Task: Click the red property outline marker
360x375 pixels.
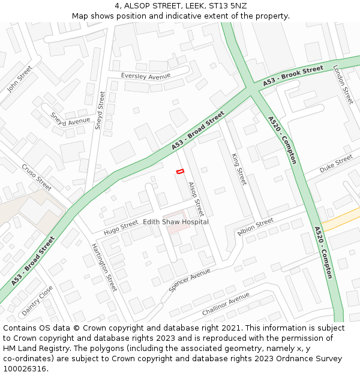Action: coord(179,172)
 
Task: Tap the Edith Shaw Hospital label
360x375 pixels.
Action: coord(176,222)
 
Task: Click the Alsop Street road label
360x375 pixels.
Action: coord(196,199)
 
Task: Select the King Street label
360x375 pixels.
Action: coord(239,169)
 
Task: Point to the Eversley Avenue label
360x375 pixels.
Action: coord(146,76)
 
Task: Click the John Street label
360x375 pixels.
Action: coord(19,79)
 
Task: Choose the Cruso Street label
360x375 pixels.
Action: coord(37,174)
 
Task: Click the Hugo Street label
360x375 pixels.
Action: coord(121,227)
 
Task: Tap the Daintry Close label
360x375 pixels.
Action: coord(37,301)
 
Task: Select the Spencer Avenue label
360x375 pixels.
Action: coord(190,280)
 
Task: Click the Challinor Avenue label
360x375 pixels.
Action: coord(226,304)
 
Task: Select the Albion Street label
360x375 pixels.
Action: coord(256,228)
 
